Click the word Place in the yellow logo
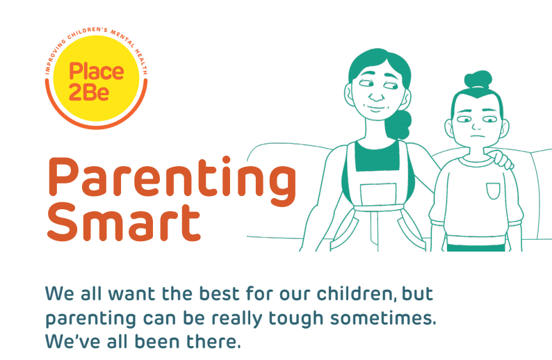[x=97, y=72]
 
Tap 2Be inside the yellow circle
[x=89, y=92]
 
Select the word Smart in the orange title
[x=124, y=221]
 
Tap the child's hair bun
[x=478, y=80]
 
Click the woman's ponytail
[x=400, y=125]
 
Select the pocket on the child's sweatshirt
[x=493, y=190]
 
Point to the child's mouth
[x=477, y=137]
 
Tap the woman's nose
[x=376, y=95]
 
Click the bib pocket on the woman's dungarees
[x=378, y=195]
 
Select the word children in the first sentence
[x=354, y=293]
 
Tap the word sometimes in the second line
[x=383, y=318]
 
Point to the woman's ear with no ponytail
[x=349, y=95]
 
